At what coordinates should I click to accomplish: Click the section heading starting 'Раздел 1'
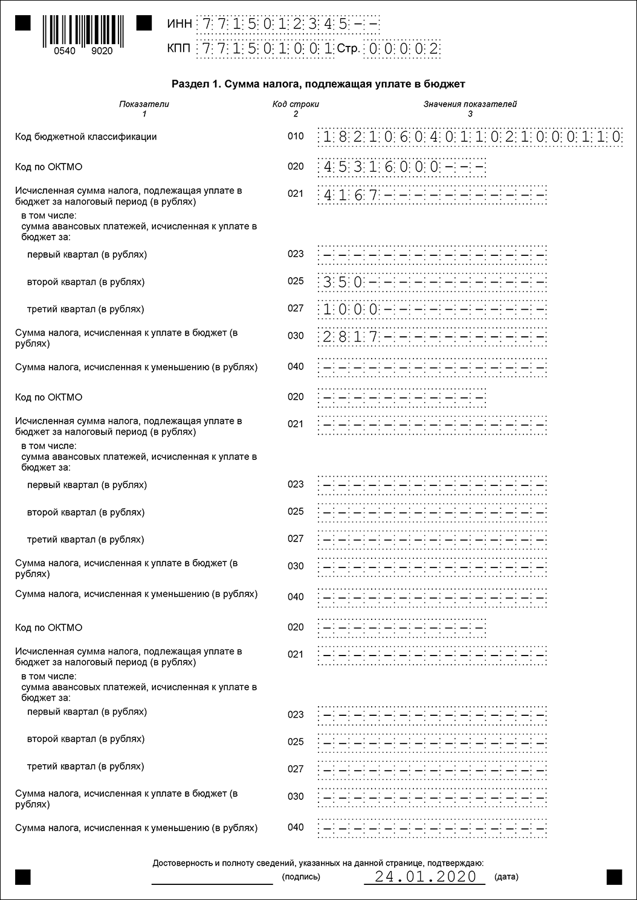tap(318, 84)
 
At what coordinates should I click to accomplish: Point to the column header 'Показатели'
tap(144, 104)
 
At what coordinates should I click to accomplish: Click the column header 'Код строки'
tap(296, 104)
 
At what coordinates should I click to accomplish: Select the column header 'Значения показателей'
tap(470, 104)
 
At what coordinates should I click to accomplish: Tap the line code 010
tap(296, 136)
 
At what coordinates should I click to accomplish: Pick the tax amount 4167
tap(351, 195)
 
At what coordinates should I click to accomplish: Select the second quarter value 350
tap(343, 282)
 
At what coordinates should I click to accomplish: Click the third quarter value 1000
tap(351, 310)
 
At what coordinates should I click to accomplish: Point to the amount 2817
tap(351, 337)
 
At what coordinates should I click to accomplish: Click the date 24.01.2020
tap(425, 876)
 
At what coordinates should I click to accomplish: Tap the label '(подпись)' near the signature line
tap(301, 877)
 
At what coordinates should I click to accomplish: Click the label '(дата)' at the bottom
tap(506, 877)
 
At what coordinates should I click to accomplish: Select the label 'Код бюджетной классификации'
tap(86, 137)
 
